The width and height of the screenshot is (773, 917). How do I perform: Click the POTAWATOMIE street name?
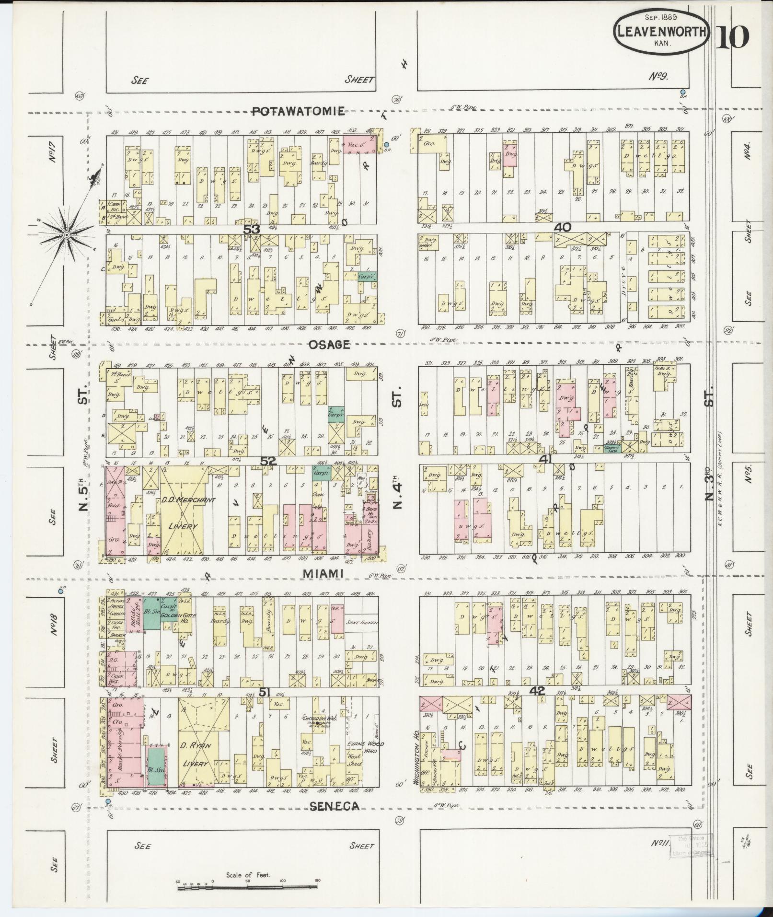pyautogui.click(x=299, y=112)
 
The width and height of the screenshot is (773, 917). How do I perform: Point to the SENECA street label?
pyautogui.click(x=334, y=806)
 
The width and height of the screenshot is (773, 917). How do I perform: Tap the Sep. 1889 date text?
pyautogui.click(x=660, y=17)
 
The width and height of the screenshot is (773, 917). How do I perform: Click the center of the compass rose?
pyautogui.click(x=67, y=234)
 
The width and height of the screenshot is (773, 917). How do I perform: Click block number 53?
pyautogui.click(x=252, y=229)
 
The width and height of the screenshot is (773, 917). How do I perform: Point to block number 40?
pyautogui.click(x=562, y=227)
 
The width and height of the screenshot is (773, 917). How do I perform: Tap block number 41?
pyautogui.click(x=546, y=459)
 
